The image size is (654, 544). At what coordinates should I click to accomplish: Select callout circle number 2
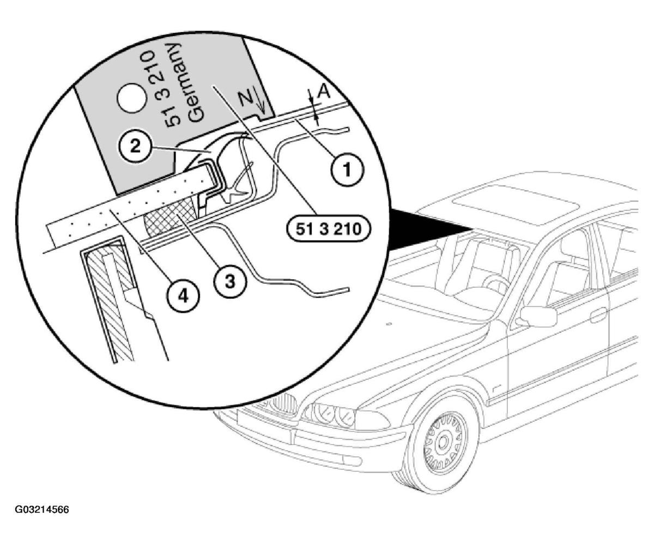135,146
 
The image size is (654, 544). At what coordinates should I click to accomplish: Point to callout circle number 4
183,295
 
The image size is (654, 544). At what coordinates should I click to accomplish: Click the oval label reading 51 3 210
328,229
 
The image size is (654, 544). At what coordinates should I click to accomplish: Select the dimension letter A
324,92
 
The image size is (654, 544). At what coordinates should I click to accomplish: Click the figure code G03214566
42,510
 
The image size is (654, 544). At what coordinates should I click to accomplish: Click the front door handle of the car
597,314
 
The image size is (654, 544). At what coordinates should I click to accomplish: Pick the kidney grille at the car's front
283,403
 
